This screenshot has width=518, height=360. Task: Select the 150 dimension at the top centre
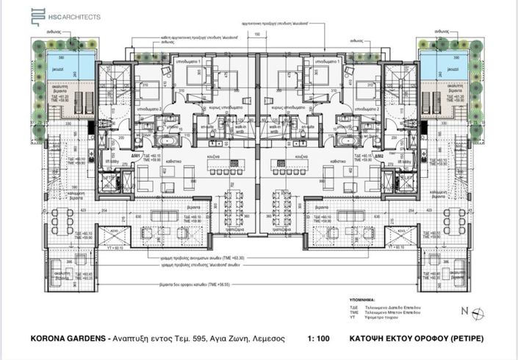(x=257, y=35)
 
